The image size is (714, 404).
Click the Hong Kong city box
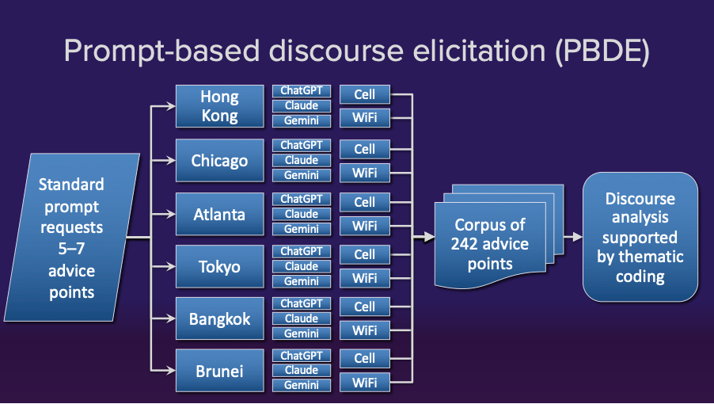click(219, 106)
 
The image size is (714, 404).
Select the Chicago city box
click(219, 160)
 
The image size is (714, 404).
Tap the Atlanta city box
click(219, 214)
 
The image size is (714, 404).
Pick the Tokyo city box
click(219, 266)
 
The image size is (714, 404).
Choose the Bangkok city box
click(219, 318)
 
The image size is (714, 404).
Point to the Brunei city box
click(219, 371)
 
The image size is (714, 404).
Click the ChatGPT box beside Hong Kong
click(302, 90)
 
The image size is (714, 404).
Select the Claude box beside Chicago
click(302, 160)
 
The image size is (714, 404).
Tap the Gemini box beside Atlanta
click(302, 229)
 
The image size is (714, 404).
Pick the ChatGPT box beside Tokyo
click(302, 251)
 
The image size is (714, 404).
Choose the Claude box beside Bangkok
click(302, 318)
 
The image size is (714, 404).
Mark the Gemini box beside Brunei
click(302, 385)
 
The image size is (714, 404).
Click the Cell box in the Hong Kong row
click(365, 95)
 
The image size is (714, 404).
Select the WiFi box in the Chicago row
click(365, 173)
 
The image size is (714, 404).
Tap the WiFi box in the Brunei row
click(365, 382)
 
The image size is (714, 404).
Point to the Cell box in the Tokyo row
click(365, 254)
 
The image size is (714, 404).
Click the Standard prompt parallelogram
click(72, 238)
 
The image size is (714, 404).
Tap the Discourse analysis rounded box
click(640, 237)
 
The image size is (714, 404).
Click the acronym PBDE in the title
click(602, 51)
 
